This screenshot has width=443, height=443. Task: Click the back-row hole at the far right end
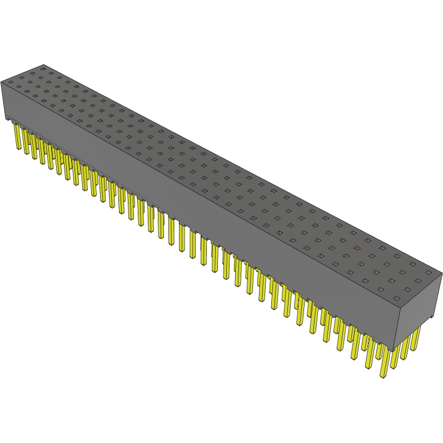point(427,272)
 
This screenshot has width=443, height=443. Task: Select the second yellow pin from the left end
point(26,141)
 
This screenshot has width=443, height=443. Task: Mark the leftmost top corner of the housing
point(1,81)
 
